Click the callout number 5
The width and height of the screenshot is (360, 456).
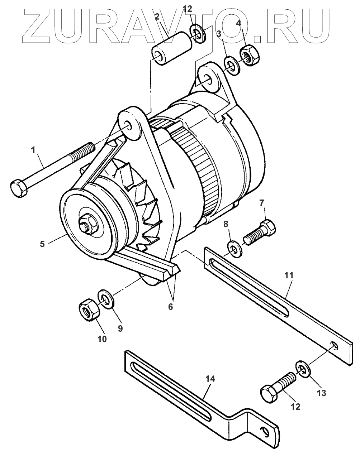tap(42, 244)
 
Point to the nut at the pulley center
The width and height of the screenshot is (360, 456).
tap(87, 225)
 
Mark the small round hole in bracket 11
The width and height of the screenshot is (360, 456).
tap(334, 345)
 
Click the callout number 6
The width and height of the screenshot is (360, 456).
tap(170, 307)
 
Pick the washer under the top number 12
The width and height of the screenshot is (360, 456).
tap(197, 33)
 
